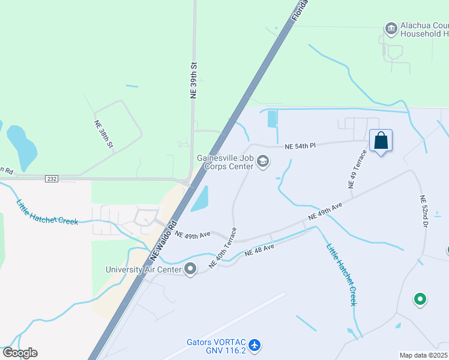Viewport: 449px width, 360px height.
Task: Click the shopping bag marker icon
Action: tap(381, 142)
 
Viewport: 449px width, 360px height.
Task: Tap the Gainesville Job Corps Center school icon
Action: tap(262, 161)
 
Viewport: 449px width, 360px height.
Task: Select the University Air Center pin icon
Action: tap(191, 269)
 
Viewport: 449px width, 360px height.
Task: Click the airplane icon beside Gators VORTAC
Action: tap(255, 345)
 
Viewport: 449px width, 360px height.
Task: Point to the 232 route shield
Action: tap(51, 179)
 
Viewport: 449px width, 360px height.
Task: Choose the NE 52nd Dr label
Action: tap(424, 211)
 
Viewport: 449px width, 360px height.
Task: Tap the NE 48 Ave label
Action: tap(259, 250)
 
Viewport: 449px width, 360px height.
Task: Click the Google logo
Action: tap(20, 353)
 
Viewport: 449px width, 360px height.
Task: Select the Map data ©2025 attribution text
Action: tap(423, 355)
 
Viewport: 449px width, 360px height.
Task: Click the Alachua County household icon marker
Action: tap(391, 28)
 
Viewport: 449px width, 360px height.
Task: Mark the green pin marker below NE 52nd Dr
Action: tap(420, 298)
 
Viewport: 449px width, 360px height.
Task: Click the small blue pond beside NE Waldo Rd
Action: tap(199, 199)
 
